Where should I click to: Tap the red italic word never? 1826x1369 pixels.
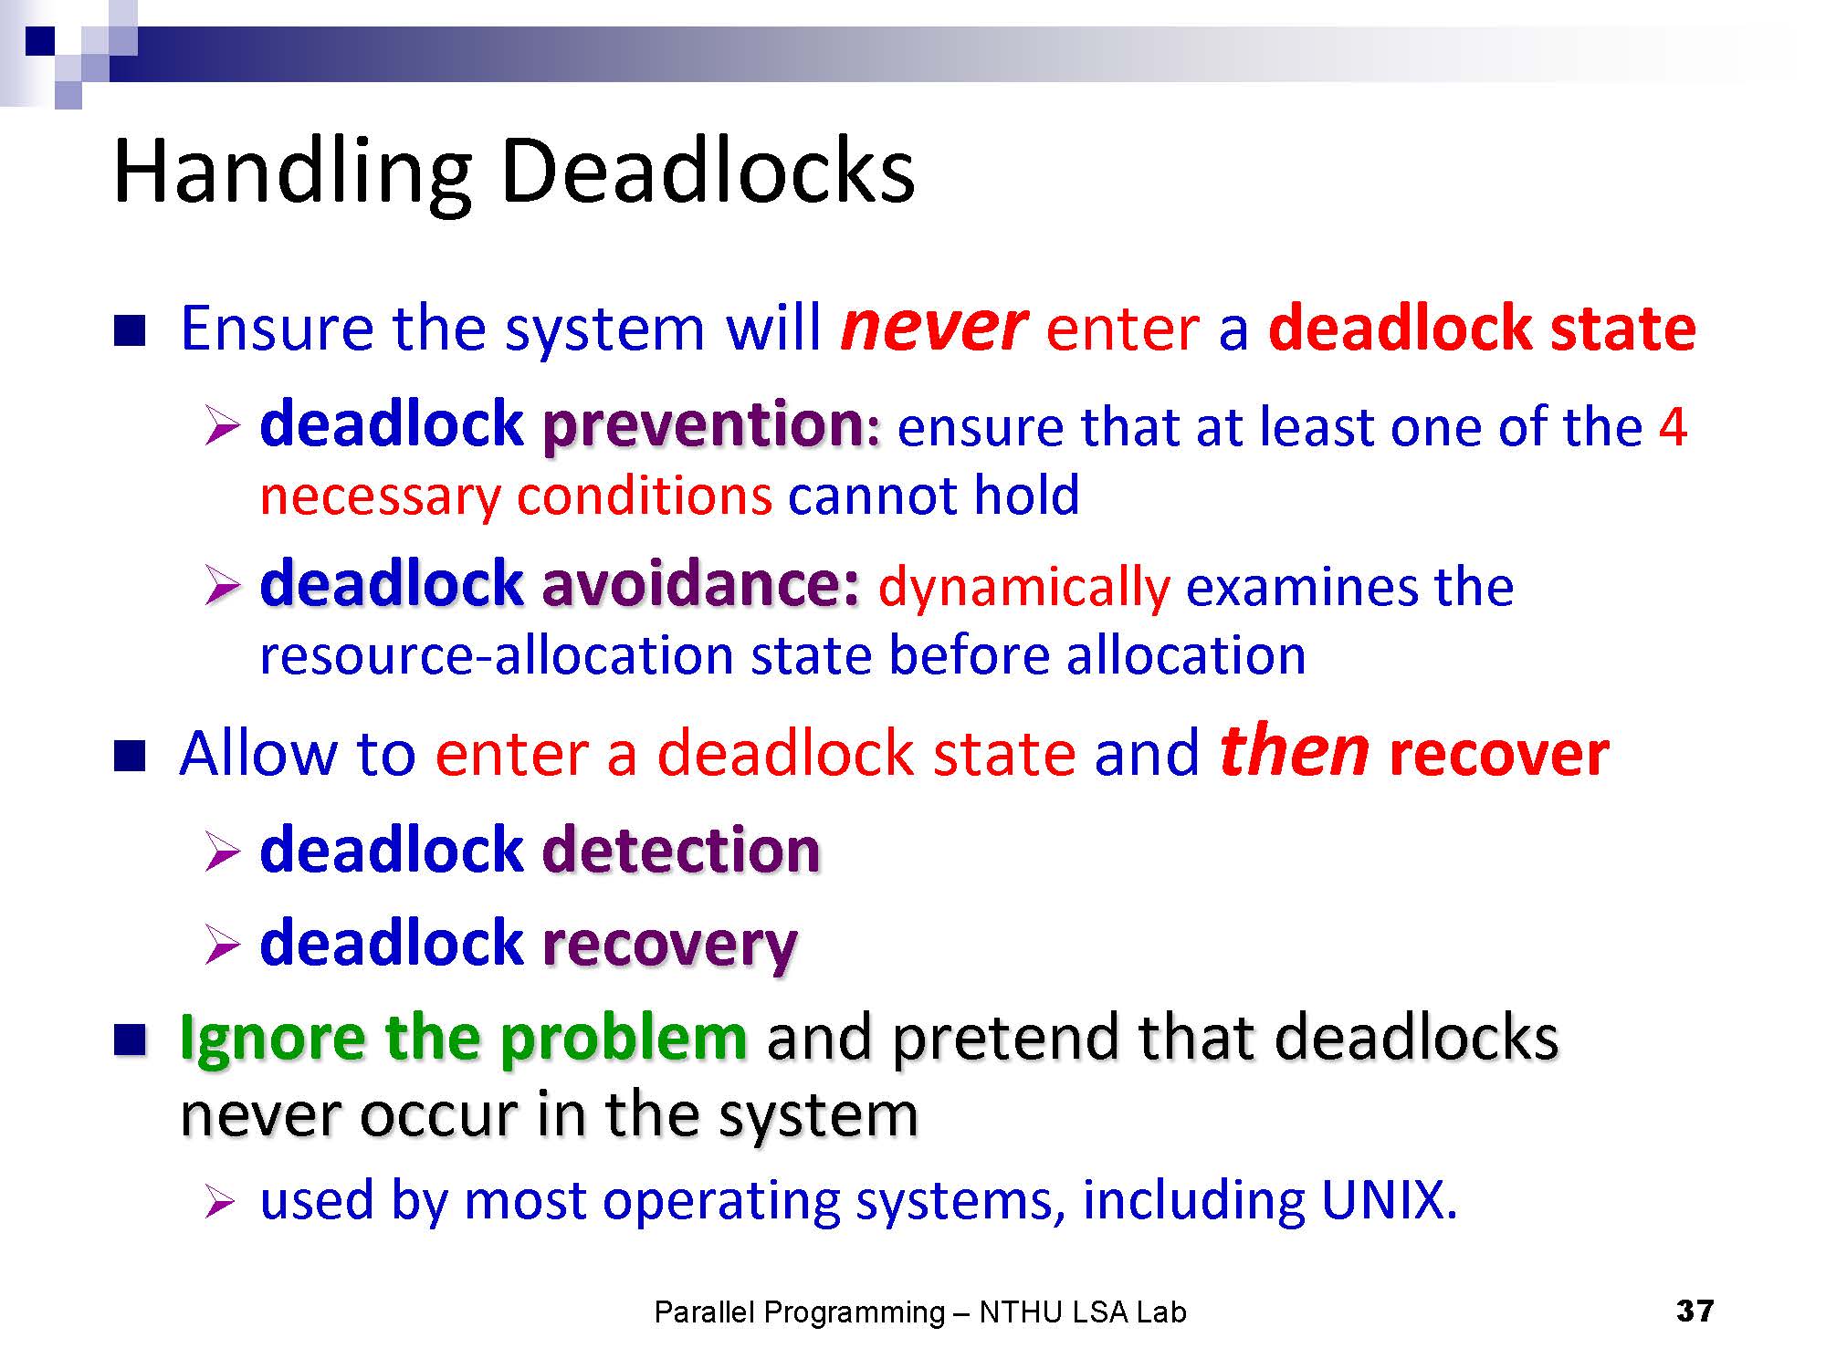933,329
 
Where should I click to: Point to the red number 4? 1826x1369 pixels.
1673,426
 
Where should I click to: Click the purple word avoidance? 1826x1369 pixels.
700,584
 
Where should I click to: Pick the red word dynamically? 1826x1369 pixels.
1023,589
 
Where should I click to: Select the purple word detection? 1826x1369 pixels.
681,851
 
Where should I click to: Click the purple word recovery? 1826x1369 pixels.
670,946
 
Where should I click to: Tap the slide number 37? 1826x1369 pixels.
1695,1312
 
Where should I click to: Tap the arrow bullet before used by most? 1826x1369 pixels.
223,1202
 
